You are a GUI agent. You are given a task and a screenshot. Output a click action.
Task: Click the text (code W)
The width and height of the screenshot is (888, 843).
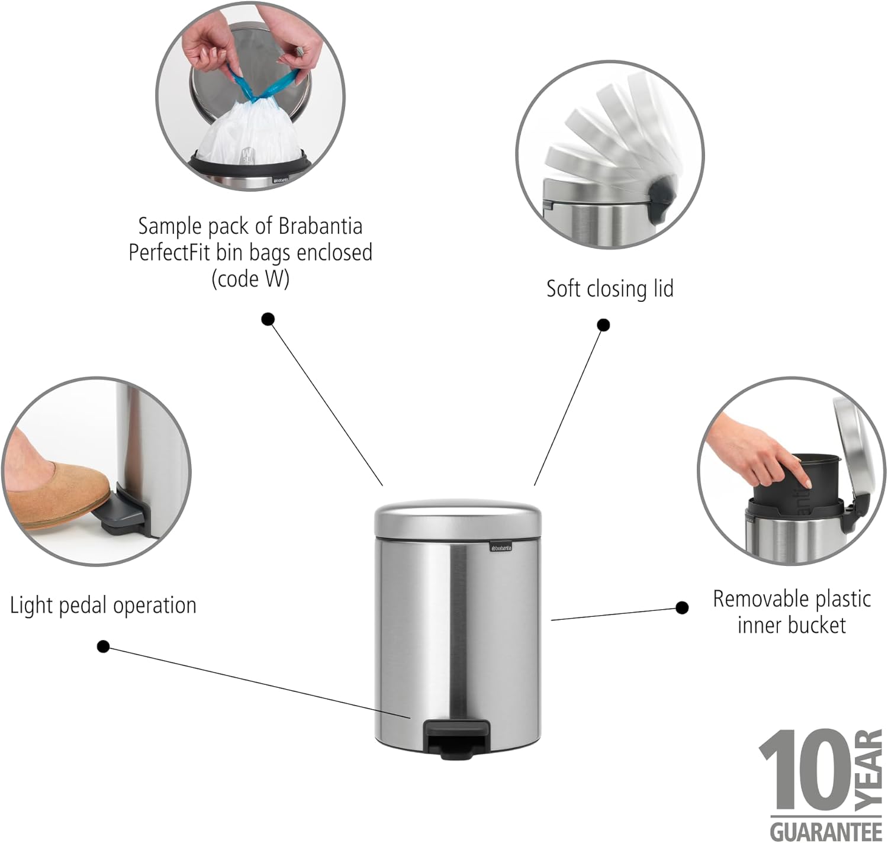250,279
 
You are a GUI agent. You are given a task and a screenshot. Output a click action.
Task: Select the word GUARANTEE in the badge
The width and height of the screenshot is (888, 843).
826,831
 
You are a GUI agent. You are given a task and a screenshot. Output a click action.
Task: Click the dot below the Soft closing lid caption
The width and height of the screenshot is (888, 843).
603,325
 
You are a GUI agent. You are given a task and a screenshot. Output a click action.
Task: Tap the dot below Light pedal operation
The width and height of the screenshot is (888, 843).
103,646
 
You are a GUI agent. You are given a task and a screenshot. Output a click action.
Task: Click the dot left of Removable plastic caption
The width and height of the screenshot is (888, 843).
682,607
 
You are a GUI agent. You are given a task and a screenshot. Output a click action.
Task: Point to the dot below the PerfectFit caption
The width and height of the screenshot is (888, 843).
268,320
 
